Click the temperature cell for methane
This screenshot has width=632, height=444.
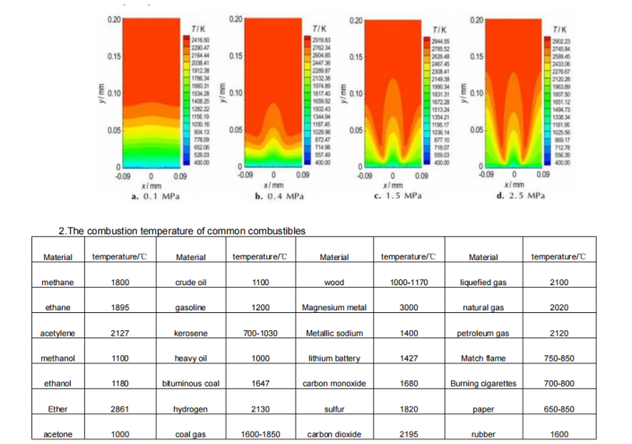coord(119,282)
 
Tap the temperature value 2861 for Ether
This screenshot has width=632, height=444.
coord(119,409)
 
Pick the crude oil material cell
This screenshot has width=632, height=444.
coord(191,282)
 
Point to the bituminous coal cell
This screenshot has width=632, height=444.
coord(191,384)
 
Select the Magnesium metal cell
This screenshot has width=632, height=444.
coord(333,308)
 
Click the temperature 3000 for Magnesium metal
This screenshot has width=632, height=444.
coord(409,308)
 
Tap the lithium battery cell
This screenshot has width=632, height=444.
coord(333,358)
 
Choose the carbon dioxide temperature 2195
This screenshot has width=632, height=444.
coord(409,434)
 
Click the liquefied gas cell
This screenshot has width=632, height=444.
coord(483,282)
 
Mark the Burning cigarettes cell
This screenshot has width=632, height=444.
coord(483,384)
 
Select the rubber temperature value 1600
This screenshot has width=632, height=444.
coord(558,434)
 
